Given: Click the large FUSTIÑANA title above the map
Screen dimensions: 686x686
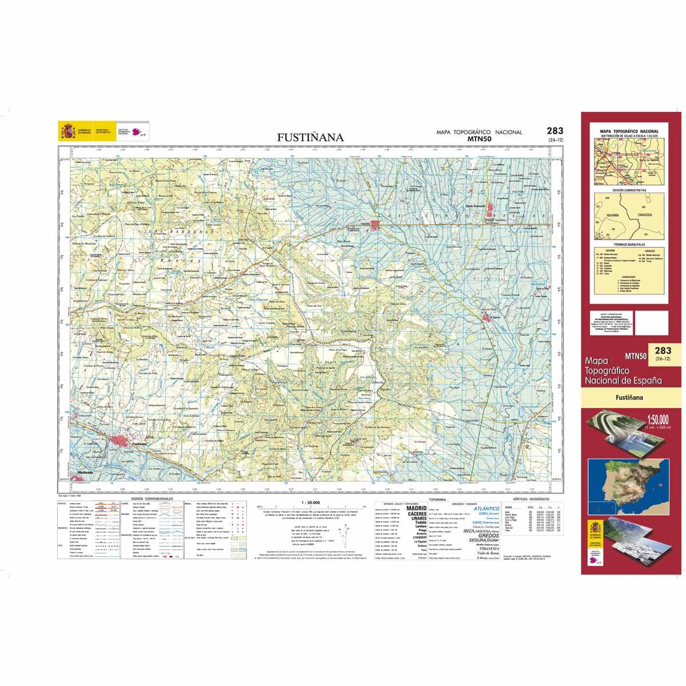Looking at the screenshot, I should [310, 137].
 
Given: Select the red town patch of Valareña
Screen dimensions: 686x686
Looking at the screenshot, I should [375, 224].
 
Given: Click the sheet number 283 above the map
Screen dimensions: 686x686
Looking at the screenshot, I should [555, 130].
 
